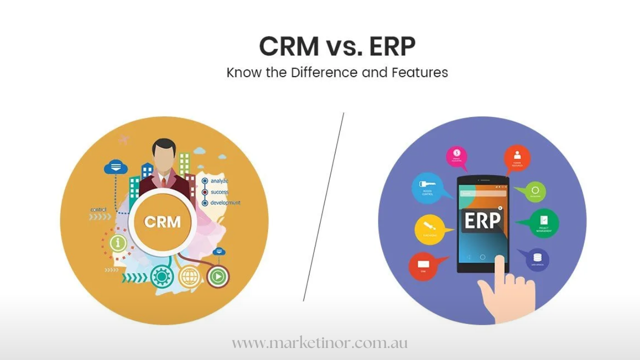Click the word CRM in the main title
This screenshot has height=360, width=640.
point(289,46)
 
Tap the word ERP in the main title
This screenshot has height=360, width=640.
point(391,46)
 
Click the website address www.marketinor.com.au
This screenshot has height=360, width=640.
point(320,343)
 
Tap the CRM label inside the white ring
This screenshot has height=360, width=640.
point(162,221)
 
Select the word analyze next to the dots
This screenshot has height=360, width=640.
point(219,180)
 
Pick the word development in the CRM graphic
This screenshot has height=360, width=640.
point(225,202)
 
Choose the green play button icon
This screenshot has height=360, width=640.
point(217,275)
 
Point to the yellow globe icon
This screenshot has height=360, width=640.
point(189,275)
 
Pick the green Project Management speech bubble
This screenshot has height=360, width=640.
point(543,222)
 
